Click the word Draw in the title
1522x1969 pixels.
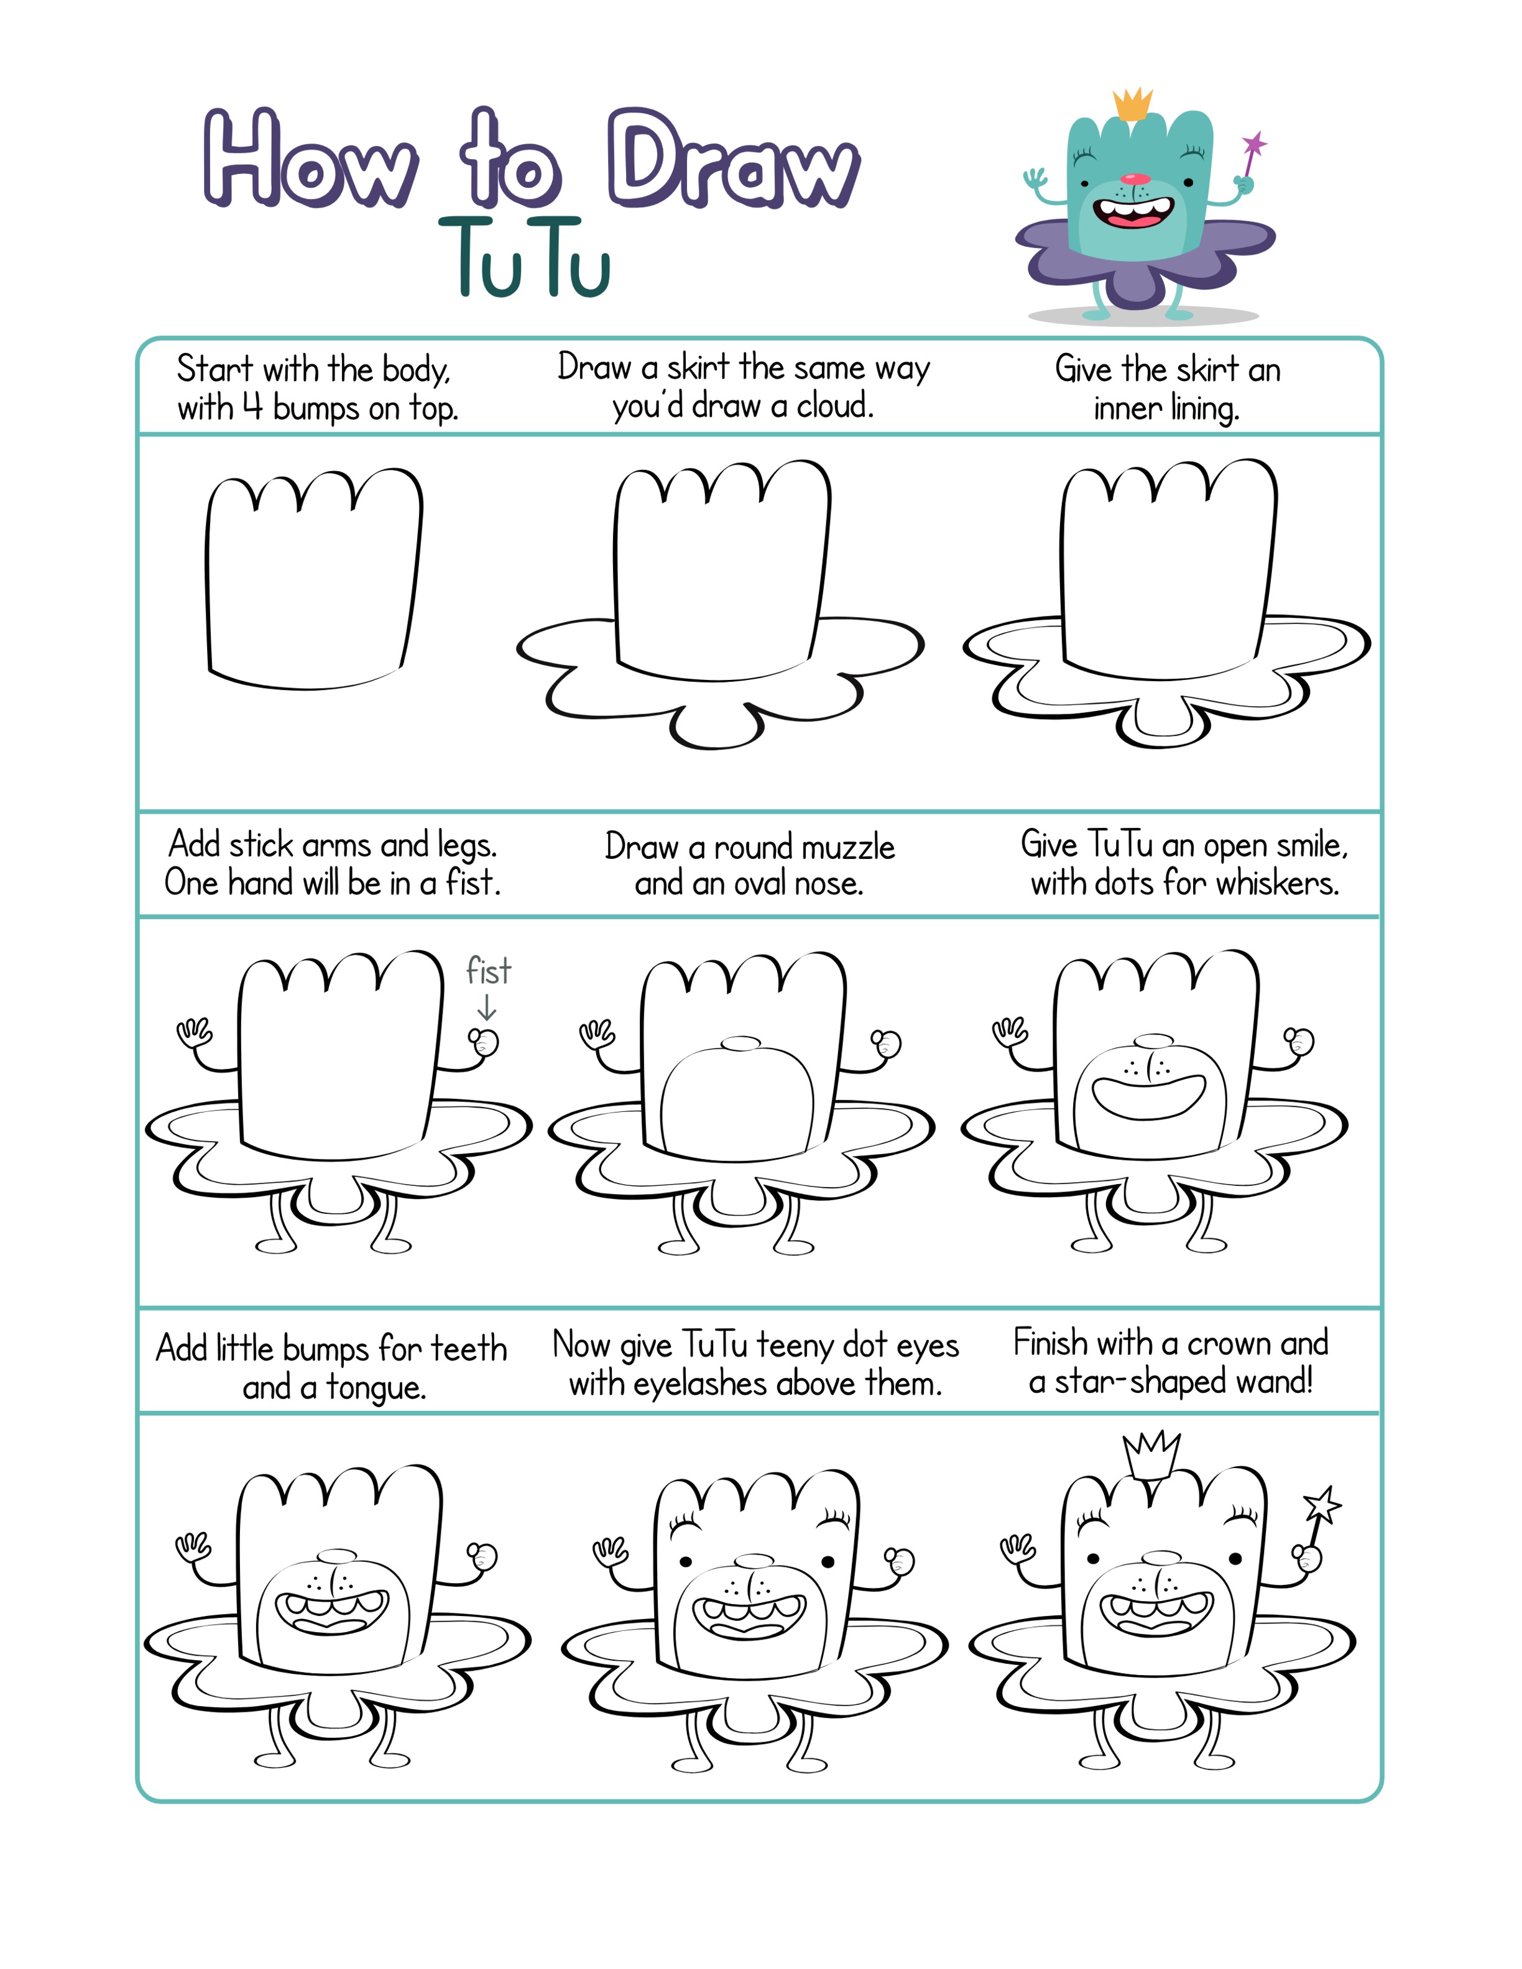click(733, 158)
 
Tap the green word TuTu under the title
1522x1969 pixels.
click(525, 258)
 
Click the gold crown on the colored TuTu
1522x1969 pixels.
click(1132, 104)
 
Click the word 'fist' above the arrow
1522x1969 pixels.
click(488, 971)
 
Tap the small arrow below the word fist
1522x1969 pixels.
click(487, 1007)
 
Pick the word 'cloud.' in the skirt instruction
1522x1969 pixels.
click(835, 406)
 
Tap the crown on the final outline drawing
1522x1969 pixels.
click(1151, 1456)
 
